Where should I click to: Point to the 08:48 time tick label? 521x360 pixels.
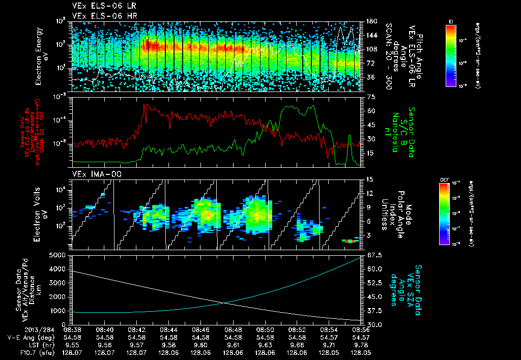click(x=233, y=329)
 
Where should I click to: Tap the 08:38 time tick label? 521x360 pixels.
click(x=72, y=329)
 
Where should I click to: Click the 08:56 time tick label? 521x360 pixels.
click(x=361, y=329)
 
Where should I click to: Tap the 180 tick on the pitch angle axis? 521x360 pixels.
click(x=371, y=22)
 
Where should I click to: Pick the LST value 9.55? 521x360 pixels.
click(x=72, y=344)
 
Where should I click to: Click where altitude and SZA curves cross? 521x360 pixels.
click(x=224, y=303)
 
